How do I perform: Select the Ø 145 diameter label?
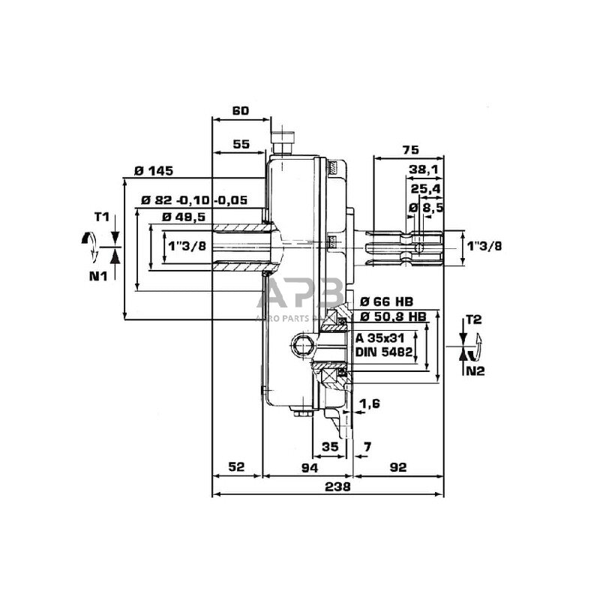[x=154, y=171]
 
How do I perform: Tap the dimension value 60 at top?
[x=240, y=111]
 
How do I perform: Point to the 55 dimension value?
[x=240, y=144]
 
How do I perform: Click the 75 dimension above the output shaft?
[x=409, y=148]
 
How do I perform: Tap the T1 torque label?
[x=102, y=217]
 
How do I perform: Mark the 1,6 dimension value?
[x=370, y=403]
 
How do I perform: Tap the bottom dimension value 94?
[x=309, y=467]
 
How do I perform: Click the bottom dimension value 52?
[x=236, y=467]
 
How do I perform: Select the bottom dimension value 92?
[x=397, y=467]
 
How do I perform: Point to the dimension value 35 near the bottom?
[x=329, y=446]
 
